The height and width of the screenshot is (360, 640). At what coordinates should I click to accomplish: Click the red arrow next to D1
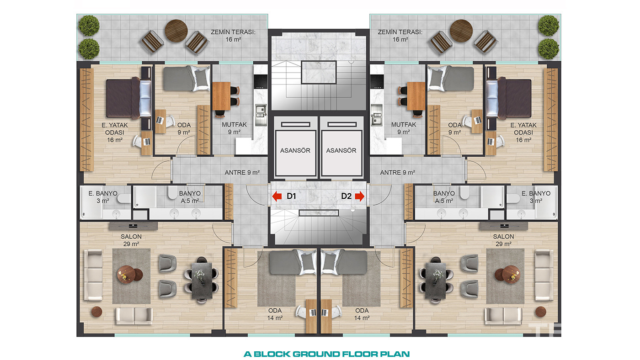[277, 196]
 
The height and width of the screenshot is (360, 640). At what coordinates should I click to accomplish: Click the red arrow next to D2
[359, 196]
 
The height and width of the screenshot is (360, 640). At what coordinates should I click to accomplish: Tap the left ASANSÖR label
[295, 150]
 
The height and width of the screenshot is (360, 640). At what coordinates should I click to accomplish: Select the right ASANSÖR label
[341, 150]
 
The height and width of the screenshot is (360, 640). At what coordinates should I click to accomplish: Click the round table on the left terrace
[176, 31]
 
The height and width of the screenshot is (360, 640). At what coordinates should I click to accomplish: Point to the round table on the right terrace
[461, 31]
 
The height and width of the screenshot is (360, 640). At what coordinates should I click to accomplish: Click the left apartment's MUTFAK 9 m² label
[234, 128]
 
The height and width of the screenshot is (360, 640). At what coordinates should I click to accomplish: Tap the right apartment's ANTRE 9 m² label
[397, 172]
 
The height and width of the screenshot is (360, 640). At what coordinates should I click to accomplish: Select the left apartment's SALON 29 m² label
[131, 240]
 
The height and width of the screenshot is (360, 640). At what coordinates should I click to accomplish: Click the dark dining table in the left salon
[202, 281]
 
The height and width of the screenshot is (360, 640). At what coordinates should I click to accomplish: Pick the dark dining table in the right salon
[435, 281]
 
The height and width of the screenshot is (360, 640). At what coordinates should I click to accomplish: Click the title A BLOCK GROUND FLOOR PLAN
[326, 354]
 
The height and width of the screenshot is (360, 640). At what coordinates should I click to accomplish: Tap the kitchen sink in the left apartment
[261, 115]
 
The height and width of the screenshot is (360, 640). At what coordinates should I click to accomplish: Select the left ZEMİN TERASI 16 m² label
[233, 36]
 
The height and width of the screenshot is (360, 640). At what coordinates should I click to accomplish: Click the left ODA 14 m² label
[275, 314]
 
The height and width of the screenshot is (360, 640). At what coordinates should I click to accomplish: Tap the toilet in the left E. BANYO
[124, 198]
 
